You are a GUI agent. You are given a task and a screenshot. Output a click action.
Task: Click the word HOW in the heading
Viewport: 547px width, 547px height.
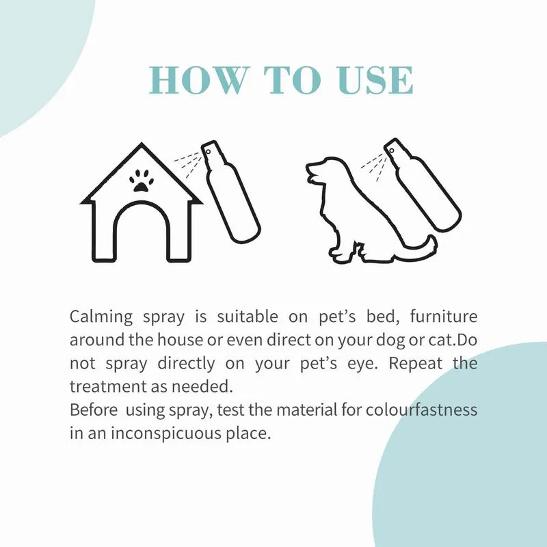(198, 79)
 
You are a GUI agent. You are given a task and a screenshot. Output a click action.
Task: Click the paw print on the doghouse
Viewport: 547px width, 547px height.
(142, 181)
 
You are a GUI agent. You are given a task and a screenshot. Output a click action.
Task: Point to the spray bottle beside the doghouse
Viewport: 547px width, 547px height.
(230, 191)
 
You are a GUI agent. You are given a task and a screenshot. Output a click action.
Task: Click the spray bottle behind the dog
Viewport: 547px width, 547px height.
(422, 185)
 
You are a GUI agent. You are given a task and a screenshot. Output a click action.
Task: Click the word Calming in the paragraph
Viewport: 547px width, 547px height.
(101, 317)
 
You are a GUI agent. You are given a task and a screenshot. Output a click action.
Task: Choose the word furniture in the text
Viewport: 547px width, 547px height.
(443, 317)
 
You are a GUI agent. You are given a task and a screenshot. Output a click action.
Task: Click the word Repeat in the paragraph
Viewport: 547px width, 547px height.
(416, 364)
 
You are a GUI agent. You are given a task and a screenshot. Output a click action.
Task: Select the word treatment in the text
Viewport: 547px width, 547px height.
(108, 387)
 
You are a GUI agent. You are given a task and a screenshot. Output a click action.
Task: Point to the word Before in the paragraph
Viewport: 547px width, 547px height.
(94, 410)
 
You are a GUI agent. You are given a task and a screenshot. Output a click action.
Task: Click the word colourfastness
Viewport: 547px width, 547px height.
(421, 410)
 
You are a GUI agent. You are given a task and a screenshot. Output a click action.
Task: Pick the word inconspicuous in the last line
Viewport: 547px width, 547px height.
(165, 433)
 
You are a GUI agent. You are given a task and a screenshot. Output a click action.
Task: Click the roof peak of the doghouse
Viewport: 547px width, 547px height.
(142, 144)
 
